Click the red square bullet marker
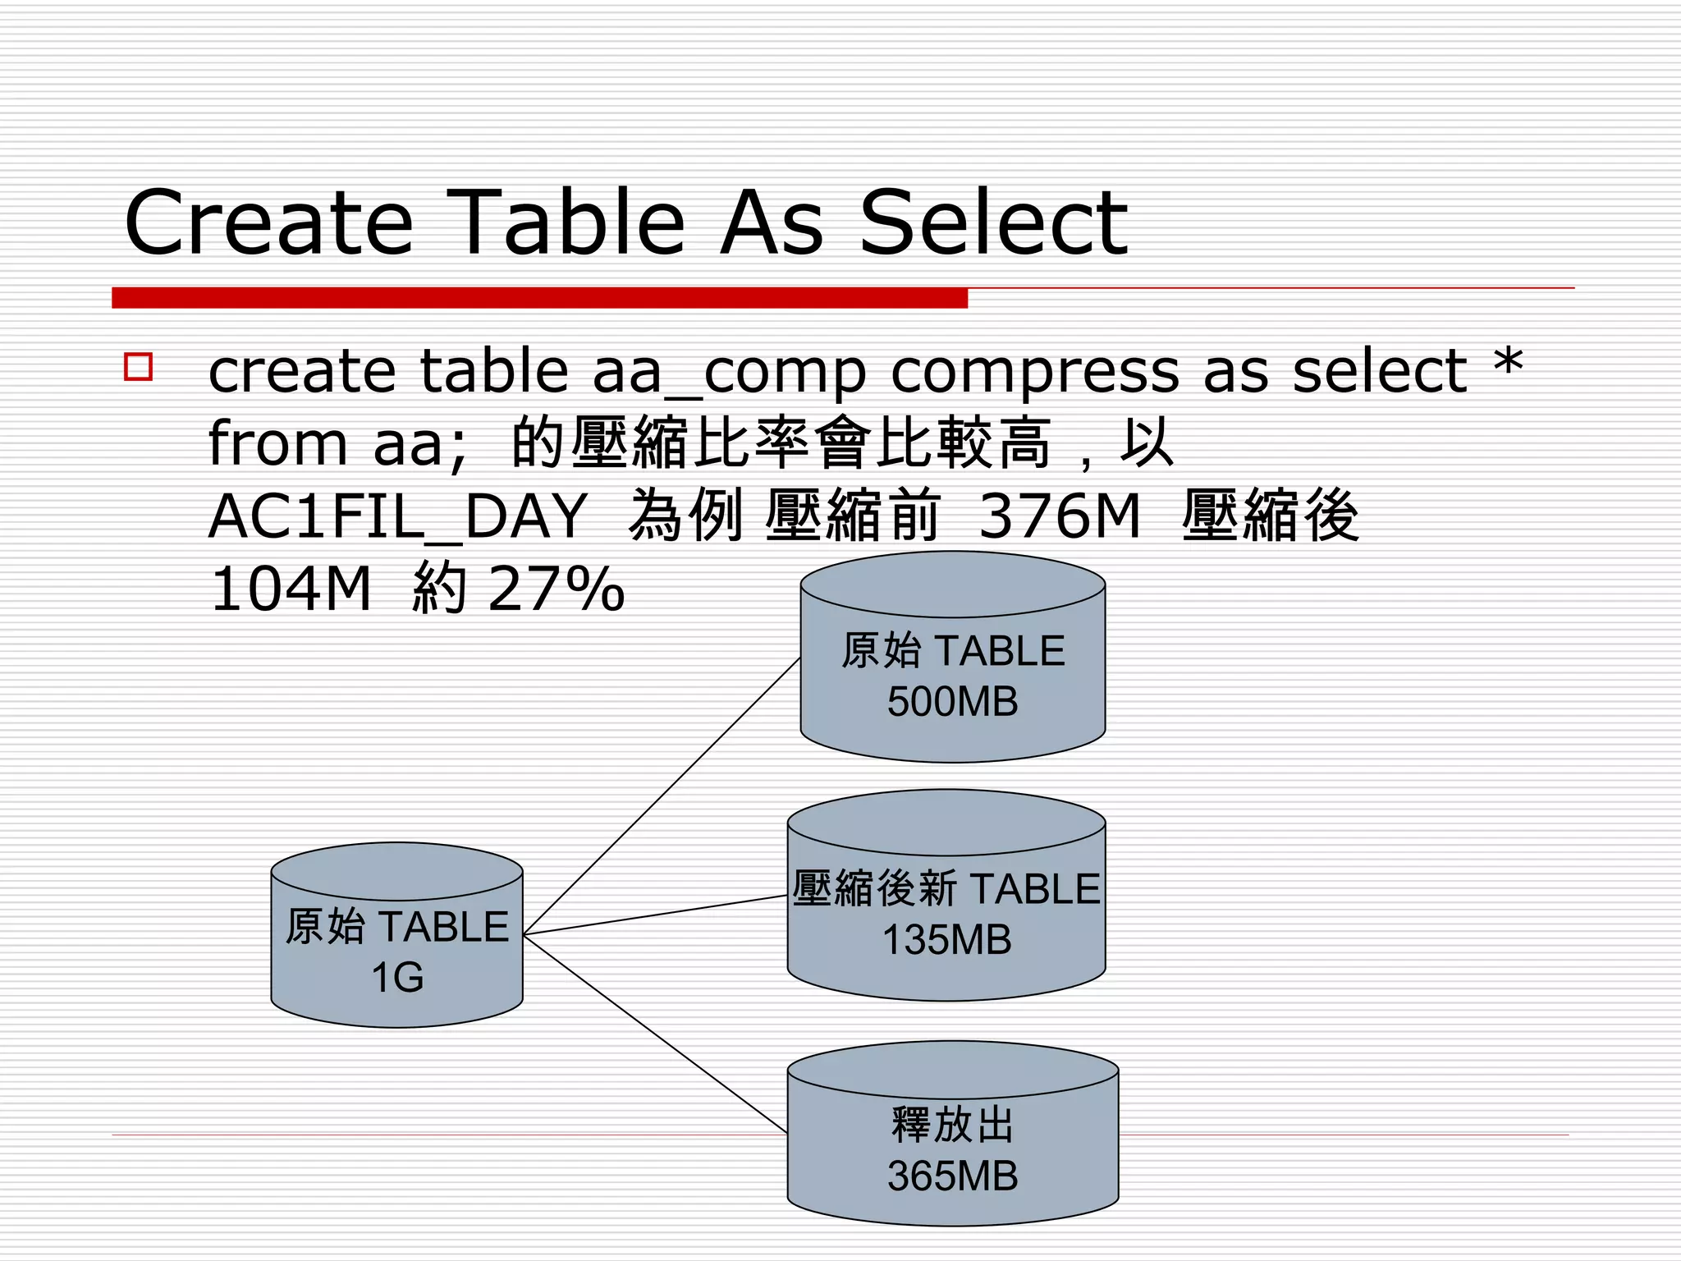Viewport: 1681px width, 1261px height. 139,366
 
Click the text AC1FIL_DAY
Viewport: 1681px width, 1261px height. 398,517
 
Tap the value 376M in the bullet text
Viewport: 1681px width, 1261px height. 1060,517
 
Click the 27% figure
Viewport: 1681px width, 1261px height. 557,589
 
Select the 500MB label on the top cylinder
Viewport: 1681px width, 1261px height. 952,703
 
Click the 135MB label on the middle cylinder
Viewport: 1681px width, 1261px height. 946,941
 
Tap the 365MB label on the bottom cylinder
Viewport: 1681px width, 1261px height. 952,1176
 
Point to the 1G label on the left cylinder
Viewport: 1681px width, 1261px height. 397,978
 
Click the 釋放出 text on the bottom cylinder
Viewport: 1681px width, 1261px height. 952,1126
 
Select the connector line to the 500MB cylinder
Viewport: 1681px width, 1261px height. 662,796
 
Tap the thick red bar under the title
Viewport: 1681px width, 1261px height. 539,298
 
